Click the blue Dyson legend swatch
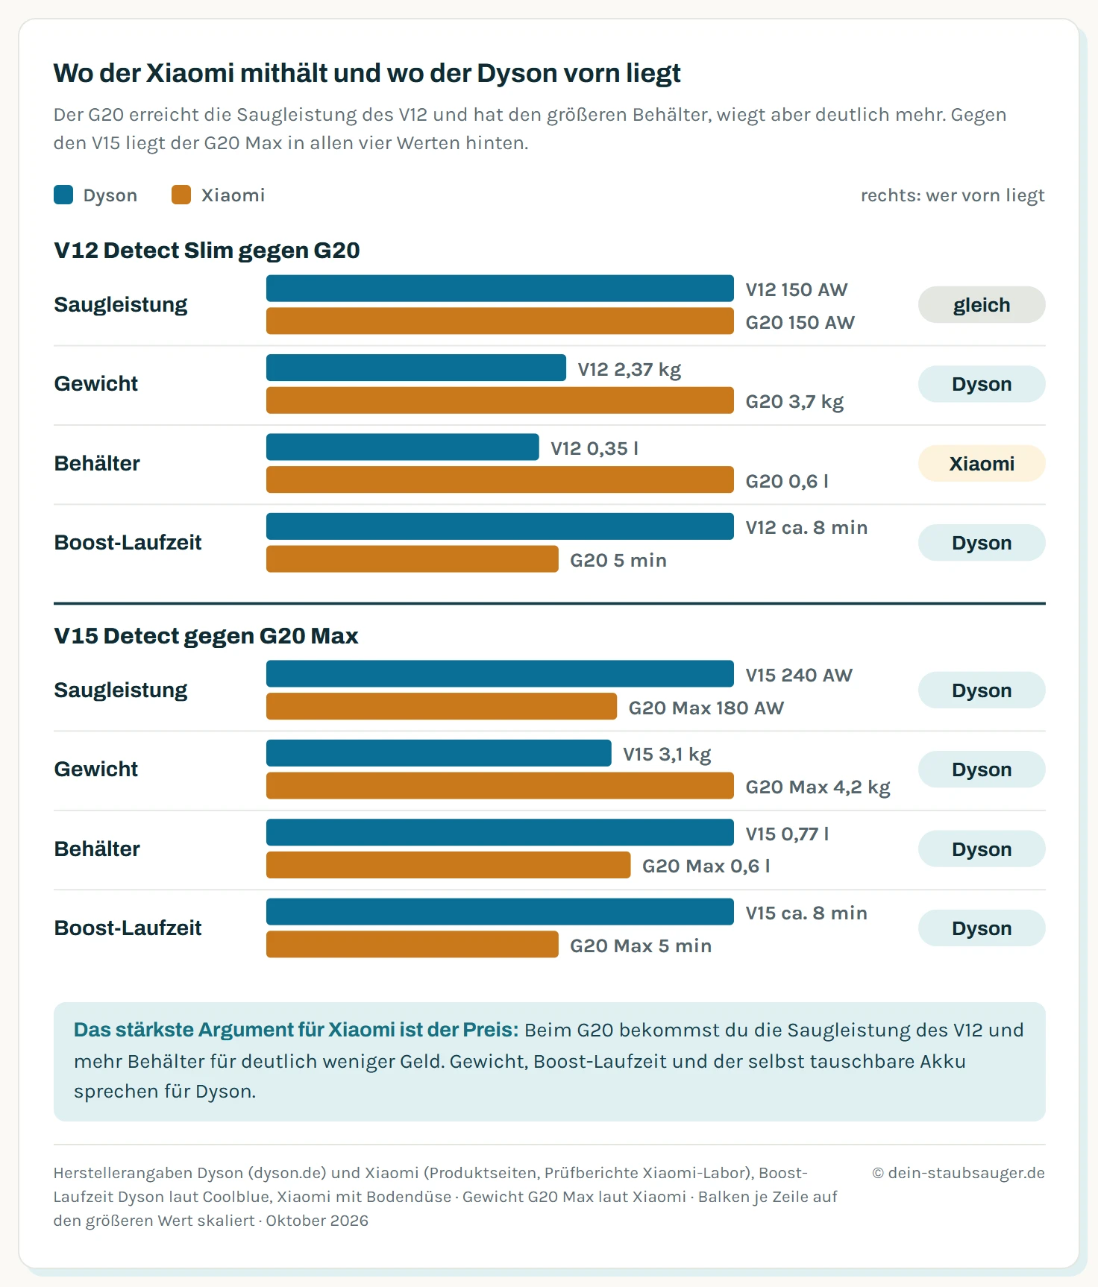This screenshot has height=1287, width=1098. coord(63,195)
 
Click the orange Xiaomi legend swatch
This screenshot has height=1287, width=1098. coord(181,195)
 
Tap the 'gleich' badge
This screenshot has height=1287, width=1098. coord(982,305)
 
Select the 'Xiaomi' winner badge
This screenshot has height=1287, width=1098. coord(982,464)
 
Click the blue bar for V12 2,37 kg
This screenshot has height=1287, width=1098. coord(416,368)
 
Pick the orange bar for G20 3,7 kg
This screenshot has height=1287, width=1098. coord(500,400)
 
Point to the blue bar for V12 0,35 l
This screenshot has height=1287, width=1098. coord(403,447)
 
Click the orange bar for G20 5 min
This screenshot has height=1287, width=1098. coord(412,559)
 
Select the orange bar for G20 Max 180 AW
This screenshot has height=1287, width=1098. coord(442,707)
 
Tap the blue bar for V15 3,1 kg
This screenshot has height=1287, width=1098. coord(439,753)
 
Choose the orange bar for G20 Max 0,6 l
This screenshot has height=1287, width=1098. coord(448,865)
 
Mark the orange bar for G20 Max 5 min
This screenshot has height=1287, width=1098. coord(412,945)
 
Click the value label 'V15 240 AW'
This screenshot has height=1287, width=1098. coord(799,675)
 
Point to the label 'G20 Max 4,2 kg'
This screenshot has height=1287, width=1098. coord(818,787)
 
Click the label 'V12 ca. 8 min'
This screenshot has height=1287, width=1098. coord(806,528)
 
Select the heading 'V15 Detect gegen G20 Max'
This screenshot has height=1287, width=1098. coord(206,636)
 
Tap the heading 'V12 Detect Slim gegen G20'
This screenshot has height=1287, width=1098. coord(207,251)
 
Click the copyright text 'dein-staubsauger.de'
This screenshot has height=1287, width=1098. coord(967,1173)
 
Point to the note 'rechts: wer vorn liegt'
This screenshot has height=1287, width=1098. coord(953,195)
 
